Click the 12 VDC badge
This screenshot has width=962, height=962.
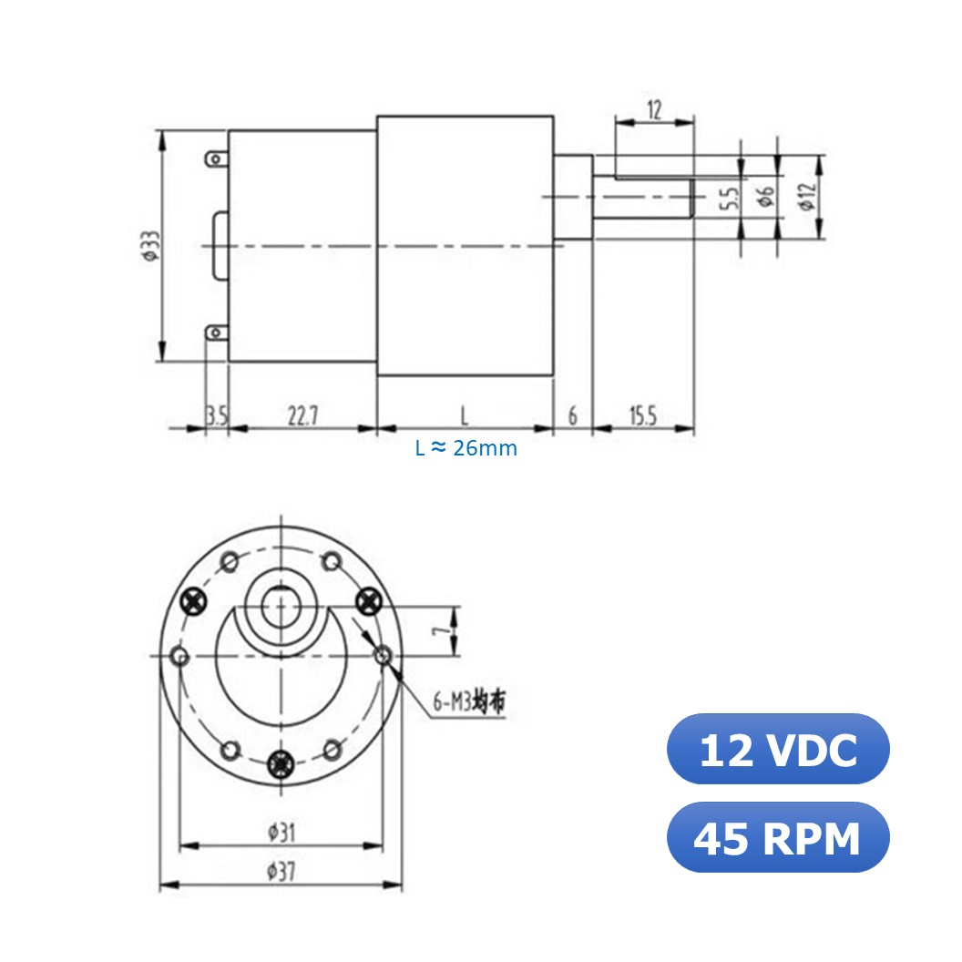pyautogui.click(x=778, y=749)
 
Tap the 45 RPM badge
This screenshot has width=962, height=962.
pyautogui.click(x=778, y=837)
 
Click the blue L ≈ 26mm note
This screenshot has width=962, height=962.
pyautogui.click(x=466, y=448)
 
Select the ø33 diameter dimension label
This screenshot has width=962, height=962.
pyautogui.click(x=149, y=246)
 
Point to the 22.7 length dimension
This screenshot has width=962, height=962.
pyautogui.click(x=302, y=416)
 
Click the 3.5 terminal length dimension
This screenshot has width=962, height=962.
pyautogui.click(x=216, y=416)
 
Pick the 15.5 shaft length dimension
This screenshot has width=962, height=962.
pyautogui.click(x=642, y=416)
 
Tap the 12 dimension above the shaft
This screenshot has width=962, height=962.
pyautogui.click(x=655, y=110)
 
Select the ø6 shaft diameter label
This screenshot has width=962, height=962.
pyautogui.click(x=767, y=195)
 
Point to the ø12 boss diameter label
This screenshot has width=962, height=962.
pyautogui.click(x=805, y=197)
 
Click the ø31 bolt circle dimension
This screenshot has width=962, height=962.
pyautogui.click(x=281, y=831)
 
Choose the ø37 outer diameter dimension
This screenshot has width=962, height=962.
pyautogui.click(x=281, y=871)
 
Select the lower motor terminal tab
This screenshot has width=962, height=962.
pyautogui.click(x=216, y=333)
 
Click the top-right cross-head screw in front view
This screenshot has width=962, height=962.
pyautogui.click(x=368, y=599)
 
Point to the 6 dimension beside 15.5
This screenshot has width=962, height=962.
pyautogui.click(x=573, y=416)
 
